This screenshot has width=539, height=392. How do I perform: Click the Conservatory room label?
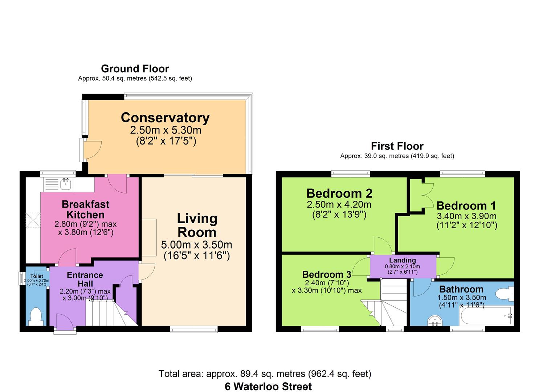tap(165, 118)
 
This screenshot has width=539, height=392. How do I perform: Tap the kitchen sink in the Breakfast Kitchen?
tap(65, 184)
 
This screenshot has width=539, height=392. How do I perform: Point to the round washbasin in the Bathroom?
tap(435, 320)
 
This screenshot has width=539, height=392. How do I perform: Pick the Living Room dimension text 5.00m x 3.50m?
tap(197, 245)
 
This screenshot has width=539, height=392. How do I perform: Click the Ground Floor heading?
tap(135, 69)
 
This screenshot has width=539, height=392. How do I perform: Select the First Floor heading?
tap(397, 146)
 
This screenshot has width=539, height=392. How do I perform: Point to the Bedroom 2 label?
tap(339, 193)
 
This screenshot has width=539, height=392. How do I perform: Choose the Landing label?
tap(403, 260)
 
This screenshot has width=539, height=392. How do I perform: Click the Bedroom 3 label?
tap(327, 274)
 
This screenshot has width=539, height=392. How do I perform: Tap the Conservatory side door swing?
tap(93, 150)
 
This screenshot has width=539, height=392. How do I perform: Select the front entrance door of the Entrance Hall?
tap(65, 322)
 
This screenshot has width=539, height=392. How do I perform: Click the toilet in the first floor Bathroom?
tap(505, 294)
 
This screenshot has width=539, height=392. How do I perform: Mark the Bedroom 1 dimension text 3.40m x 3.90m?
tap(466, 216)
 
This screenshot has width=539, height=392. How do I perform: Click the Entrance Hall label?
tap(85, 279)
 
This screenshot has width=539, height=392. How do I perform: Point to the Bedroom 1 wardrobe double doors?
tap(428, 195)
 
